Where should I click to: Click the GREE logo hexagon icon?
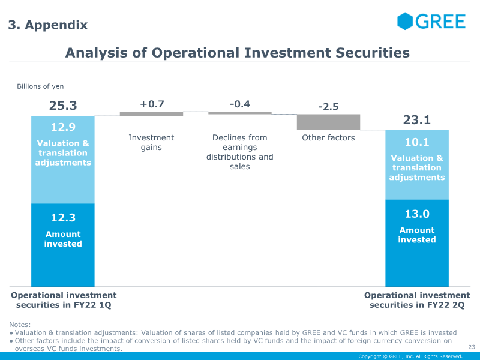pos(406,21)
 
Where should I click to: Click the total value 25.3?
pos(63,106)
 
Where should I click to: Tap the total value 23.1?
pos(417,120)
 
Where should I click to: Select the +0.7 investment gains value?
pos(152,104)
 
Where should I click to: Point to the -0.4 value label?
pos(240,104)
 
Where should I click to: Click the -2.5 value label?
pos(328,107)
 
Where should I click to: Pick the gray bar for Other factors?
pos(328,122)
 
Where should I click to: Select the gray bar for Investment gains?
pos(152,113)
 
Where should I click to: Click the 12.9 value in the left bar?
pos(63,127)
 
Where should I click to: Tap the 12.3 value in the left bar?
pos(63,218)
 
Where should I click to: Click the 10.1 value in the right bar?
pos(417,142)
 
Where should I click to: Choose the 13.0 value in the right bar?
pos(417,214)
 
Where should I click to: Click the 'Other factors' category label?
pos(328,138)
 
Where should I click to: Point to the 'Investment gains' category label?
pos(152,143)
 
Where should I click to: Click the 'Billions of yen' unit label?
pos(40,87)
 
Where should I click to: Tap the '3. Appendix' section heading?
pos(47,25)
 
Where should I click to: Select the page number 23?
pos(471,347)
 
